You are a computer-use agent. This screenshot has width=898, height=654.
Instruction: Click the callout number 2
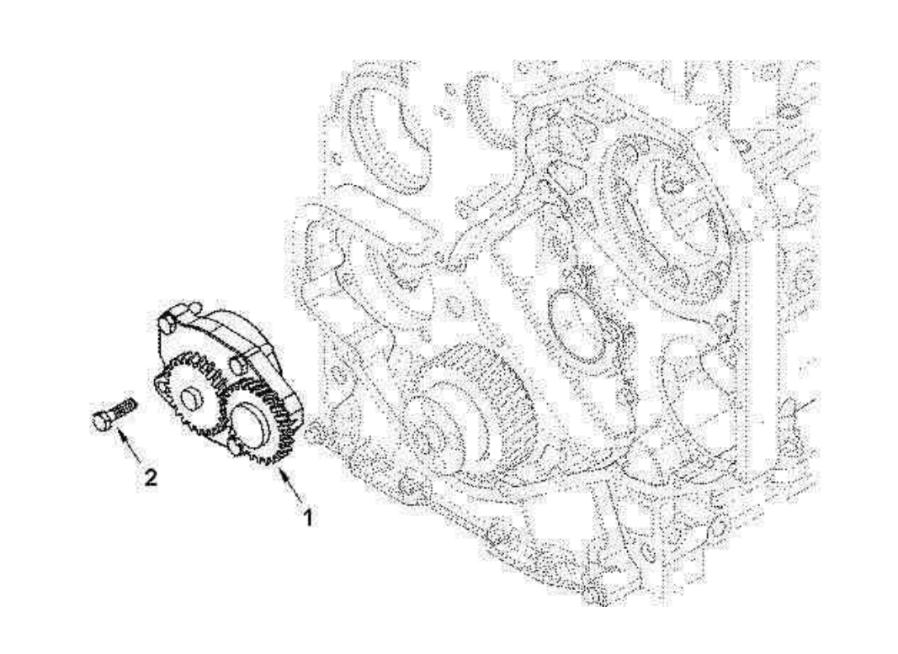click(151, 478)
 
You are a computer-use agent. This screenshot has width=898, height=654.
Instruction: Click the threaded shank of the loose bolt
click(124, 408)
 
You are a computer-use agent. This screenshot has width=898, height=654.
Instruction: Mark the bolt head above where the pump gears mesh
click(237, 365)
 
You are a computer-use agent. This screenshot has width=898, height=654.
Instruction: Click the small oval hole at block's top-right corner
click(788, 113)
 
